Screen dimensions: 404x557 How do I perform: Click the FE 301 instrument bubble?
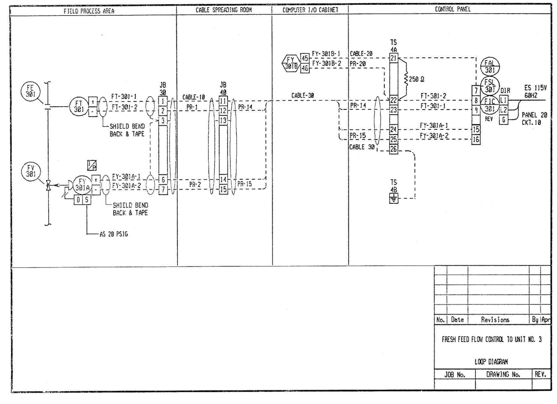30,91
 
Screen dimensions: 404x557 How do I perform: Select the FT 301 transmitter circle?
79,107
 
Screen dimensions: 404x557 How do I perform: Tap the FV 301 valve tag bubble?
31,171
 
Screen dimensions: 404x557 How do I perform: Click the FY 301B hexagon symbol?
291,63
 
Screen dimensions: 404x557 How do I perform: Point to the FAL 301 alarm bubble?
490,66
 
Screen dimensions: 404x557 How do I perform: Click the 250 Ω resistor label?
416,79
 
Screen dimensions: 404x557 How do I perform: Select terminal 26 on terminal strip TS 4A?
393,149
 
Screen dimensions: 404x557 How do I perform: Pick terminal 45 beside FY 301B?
305,58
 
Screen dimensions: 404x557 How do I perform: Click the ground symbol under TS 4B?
394,198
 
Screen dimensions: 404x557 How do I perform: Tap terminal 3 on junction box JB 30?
163,121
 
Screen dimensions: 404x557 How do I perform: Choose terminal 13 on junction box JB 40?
223,121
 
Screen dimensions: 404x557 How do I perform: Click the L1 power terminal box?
504,100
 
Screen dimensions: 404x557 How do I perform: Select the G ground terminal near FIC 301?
504,120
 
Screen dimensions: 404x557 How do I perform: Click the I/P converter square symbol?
92,165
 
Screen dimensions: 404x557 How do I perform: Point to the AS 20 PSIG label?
114,234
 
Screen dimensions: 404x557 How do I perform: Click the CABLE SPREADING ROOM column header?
224,10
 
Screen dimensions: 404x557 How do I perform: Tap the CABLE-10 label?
193,97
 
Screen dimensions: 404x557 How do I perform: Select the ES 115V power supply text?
535,88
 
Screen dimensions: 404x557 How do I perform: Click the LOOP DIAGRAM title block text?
491,362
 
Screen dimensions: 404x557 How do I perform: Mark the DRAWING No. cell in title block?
503,374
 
